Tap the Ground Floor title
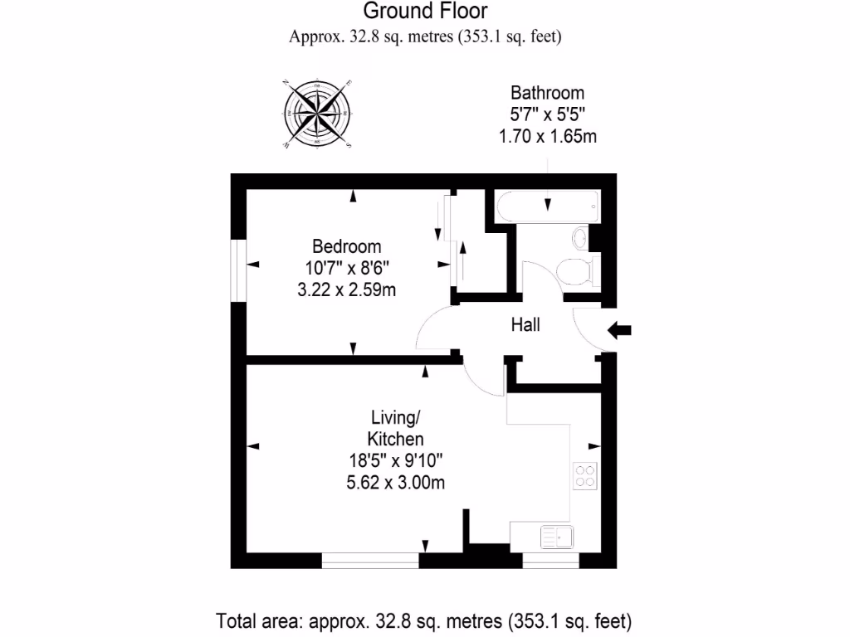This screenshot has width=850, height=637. point(425,12)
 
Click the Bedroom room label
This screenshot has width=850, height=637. point(347,246)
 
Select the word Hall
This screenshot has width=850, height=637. point(525,325)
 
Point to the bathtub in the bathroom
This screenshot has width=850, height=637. point(546,206)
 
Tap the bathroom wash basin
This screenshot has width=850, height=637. point(581,240)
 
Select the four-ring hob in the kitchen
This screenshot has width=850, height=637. point(585,474)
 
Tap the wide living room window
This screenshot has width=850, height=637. point(370,562)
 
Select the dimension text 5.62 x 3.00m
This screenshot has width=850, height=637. point(395,482)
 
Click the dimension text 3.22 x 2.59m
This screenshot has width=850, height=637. point(347,289)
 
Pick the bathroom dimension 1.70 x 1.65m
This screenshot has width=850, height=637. point(547,137)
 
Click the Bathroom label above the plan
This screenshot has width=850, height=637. point(547,93)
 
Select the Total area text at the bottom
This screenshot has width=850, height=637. point(424,620)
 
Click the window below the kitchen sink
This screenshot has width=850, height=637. point(550,562)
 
